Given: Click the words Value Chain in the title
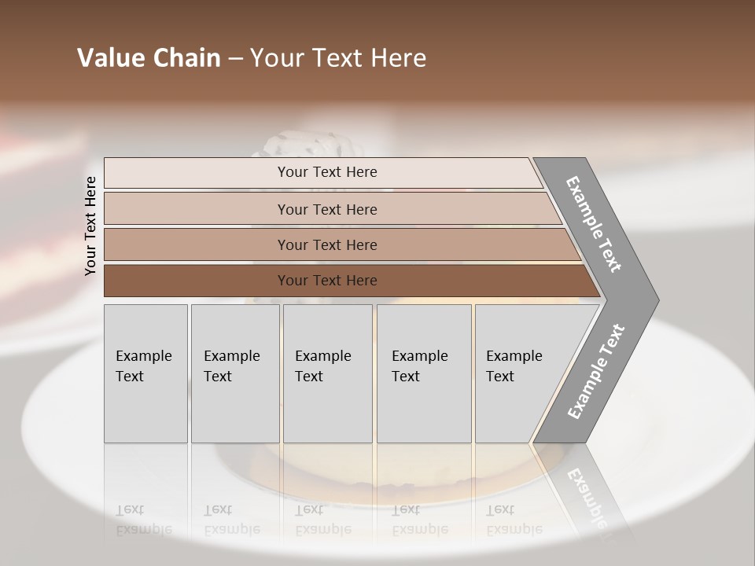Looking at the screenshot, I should (x=149, y=58).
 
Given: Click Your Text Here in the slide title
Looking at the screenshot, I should (x=338, y=58).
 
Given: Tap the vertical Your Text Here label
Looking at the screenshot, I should (x=90, y=226).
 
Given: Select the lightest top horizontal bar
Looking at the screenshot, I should (x=326, y=172).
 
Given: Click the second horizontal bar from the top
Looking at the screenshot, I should (x=326, y=209).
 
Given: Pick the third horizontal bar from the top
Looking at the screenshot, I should (x=326, y=244).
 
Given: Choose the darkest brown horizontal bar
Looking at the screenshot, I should (x=326, y=281).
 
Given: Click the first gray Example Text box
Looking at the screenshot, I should (x=145, y=373).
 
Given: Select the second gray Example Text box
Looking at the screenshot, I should (x=234, y=373).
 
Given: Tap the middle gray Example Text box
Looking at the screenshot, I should (x=327, y=373).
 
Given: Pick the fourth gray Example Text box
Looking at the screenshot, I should (x=424, y=373).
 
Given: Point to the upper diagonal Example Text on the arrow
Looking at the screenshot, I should (x=594, y=224).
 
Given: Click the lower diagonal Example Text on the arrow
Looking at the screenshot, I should (x=596, y=371).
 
